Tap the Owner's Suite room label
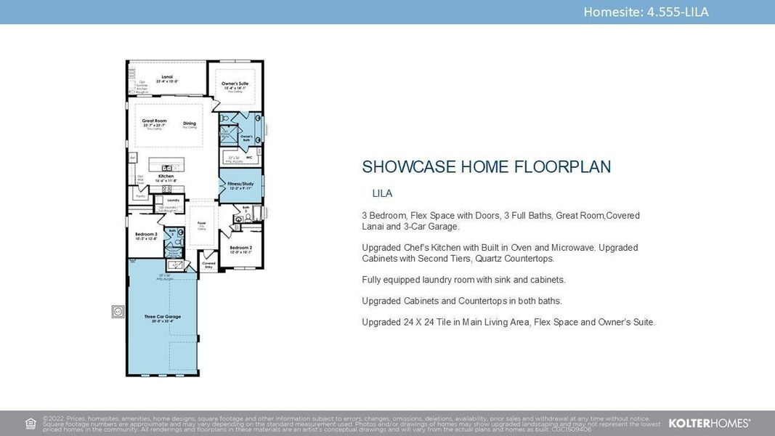pos(235,84)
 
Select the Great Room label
pos(154,121)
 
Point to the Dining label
pos(190,124)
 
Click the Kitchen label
pos(166,176)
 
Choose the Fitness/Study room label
pos(240,184)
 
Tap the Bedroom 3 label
pos(146,234)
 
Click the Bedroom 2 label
pos(240,248)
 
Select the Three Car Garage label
pos(163,317)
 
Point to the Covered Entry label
pos(208,264)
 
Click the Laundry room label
pos(173,200)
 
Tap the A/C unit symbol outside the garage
pos(118,311)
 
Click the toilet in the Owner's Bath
pos(225,118)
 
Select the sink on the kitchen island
pos(166,167)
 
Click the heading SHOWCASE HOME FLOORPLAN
pos(486,166)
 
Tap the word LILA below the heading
pos(382,193)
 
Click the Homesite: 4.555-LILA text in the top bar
pos(646,12)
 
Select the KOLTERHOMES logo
pos(709,423)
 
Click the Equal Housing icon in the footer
pos(31,423)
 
